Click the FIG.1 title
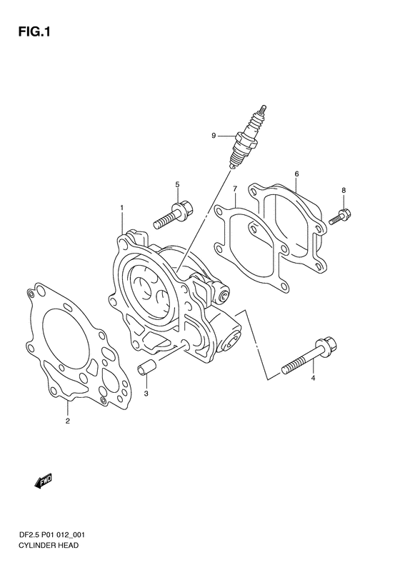click(34, 32)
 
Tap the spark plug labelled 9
click(248, 136)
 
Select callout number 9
click(214, 136)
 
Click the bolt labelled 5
click(174, 215)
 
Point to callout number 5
click(177, 184)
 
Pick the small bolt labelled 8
click(340, 216)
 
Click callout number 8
click(344, 190)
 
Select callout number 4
click(313, 378)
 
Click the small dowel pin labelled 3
click(146, 369)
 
